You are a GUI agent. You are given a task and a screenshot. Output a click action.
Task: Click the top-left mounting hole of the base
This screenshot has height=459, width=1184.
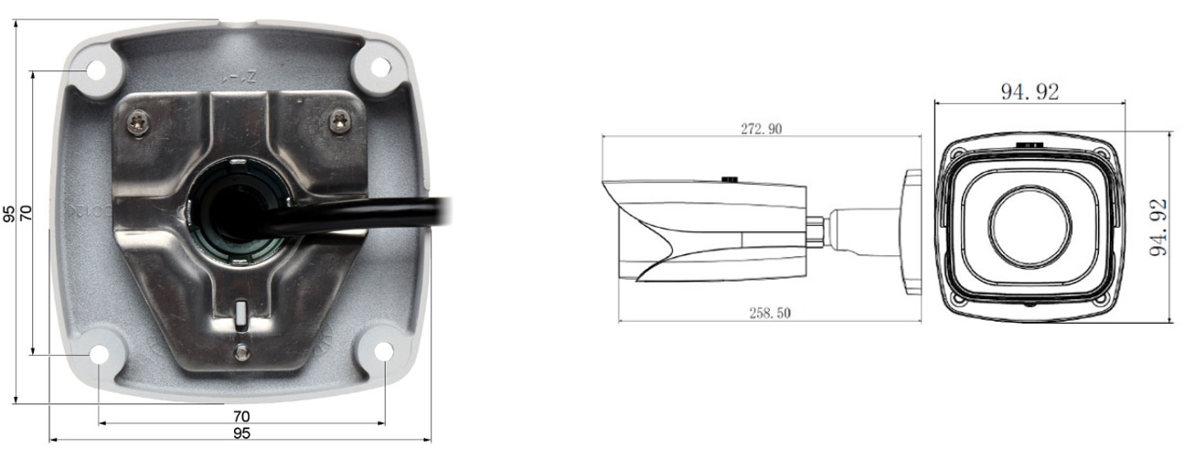tap(96, 69)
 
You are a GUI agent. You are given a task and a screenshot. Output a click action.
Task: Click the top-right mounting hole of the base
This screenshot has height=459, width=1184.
tap(380, 67)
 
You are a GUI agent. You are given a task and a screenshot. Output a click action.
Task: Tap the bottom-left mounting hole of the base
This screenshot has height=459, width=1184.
tap(99, 354)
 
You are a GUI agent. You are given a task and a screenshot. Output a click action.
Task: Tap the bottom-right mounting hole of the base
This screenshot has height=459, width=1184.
tap(384, 351)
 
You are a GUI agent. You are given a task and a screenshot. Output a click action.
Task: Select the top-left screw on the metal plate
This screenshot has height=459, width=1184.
tap(138, 123)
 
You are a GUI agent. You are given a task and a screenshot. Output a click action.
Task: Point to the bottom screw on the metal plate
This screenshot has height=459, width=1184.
tap(241, 351)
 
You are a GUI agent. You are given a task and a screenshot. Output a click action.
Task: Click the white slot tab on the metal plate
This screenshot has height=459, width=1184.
tap(241, 314)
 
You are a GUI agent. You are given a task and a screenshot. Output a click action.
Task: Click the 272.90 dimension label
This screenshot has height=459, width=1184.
tap(761, 129)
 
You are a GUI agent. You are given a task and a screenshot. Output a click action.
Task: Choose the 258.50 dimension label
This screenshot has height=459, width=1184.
tap(770, 313)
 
